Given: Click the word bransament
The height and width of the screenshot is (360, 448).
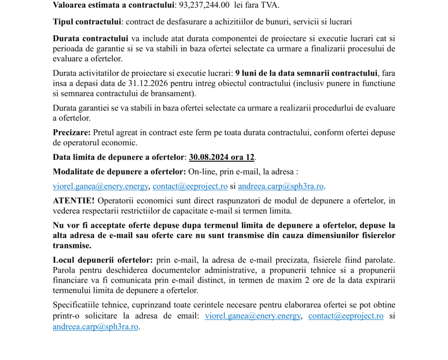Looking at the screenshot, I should (173, 93).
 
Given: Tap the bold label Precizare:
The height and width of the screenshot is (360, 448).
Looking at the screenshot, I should (72, 132).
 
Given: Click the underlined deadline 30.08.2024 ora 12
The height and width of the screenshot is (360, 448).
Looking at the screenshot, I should (222, 157).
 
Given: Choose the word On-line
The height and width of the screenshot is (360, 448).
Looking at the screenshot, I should (203, 171).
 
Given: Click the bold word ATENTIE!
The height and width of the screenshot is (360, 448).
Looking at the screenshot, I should (73, 201).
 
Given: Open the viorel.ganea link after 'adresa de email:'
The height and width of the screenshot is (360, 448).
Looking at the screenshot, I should (253, 316).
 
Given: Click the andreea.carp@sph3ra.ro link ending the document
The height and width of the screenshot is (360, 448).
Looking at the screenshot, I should (95, 326).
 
